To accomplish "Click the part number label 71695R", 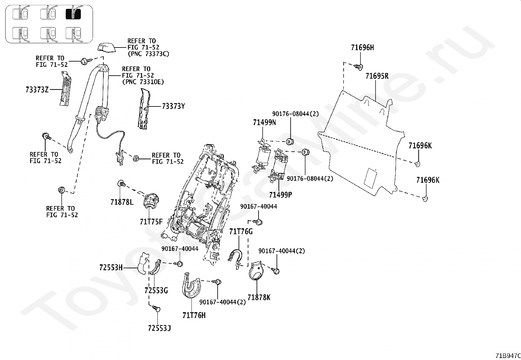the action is coord(377,76).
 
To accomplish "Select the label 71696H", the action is coord(362,47).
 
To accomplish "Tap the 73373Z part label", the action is coord(37,90).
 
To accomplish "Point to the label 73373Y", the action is coord(173,106).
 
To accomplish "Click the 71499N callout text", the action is coord(264,123).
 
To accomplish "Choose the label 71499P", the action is coord(280,195).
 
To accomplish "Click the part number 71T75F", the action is coord(151,222).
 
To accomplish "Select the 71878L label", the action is coord(122,202).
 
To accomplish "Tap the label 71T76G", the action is coord(241,232).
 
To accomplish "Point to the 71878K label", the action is coord(259,297).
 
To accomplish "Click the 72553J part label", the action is coord(159,328).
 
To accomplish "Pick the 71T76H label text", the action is coord(194,315).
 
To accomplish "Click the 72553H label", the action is coord(111,268).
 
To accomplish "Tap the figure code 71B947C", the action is coord(508,356).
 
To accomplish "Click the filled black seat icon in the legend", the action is coord(73,14).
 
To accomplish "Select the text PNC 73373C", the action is coord(150,54).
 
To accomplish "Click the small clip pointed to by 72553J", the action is coord(156,309).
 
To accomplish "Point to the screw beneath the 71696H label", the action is coord(358,67).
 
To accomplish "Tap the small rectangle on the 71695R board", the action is coord(370,179).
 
